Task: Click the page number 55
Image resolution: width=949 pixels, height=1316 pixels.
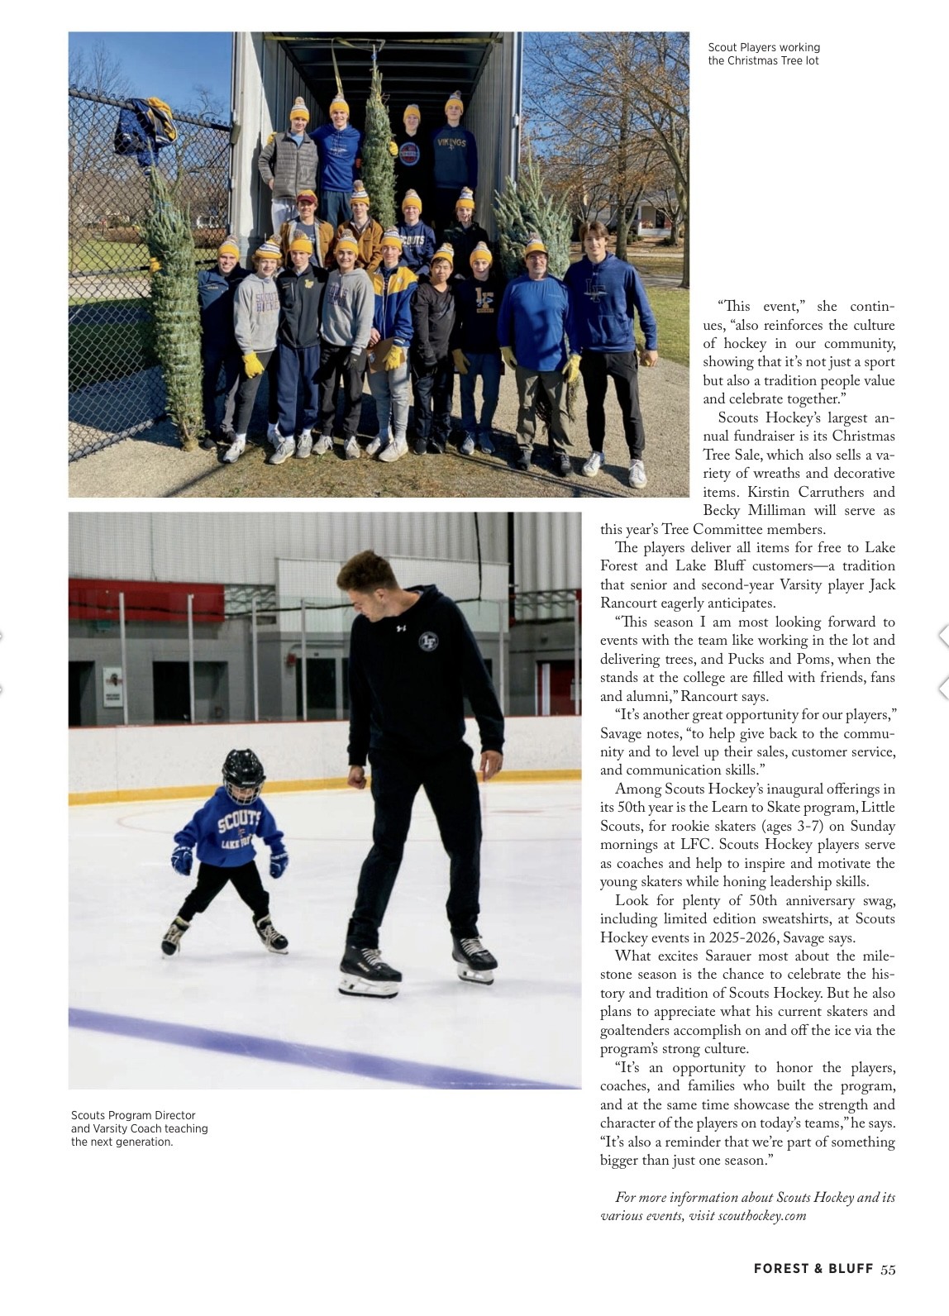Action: coord(888,1269)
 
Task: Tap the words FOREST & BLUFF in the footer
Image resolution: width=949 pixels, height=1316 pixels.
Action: coord(813,1269)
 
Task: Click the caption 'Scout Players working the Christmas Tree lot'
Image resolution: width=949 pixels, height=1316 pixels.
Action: coord(764,54)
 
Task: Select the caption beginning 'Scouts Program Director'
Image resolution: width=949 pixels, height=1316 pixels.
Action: coord(139,1128)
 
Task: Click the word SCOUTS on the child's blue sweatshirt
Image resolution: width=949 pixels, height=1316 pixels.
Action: coord(238,822)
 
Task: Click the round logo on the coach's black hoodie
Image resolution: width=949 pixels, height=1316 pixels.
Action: coord(428,641)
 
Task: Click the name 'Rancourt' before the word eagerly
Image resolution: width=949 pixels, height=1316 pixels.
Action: coord(630,603)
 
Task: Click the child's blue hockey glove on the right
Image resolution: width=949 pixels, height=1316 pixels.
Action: coord(279,864)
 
